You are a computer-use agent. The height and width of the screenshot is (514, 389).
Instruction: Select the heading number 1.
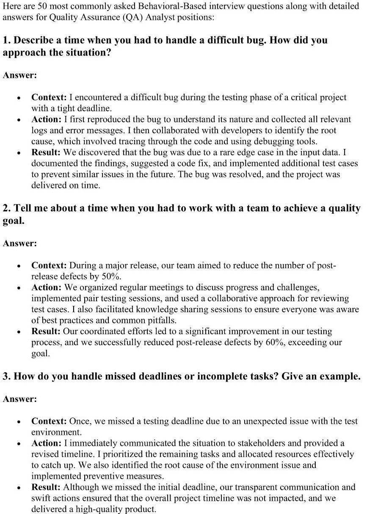(6, 41)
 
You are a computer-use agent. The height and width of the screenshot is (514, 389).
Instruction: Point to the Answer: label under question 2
(20, 243)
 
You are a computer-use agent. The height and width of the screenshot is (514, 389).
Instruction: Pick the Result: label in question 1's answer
(46, 152)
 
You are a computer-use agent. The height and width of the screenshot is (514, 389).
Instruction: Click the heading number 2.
(6, 209)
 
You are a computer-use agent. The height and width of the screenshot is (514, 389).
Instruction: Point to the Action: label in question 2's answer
(47, 288)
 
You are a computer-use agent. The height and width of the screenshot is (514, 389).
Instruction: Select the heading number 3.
(6, 377)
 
